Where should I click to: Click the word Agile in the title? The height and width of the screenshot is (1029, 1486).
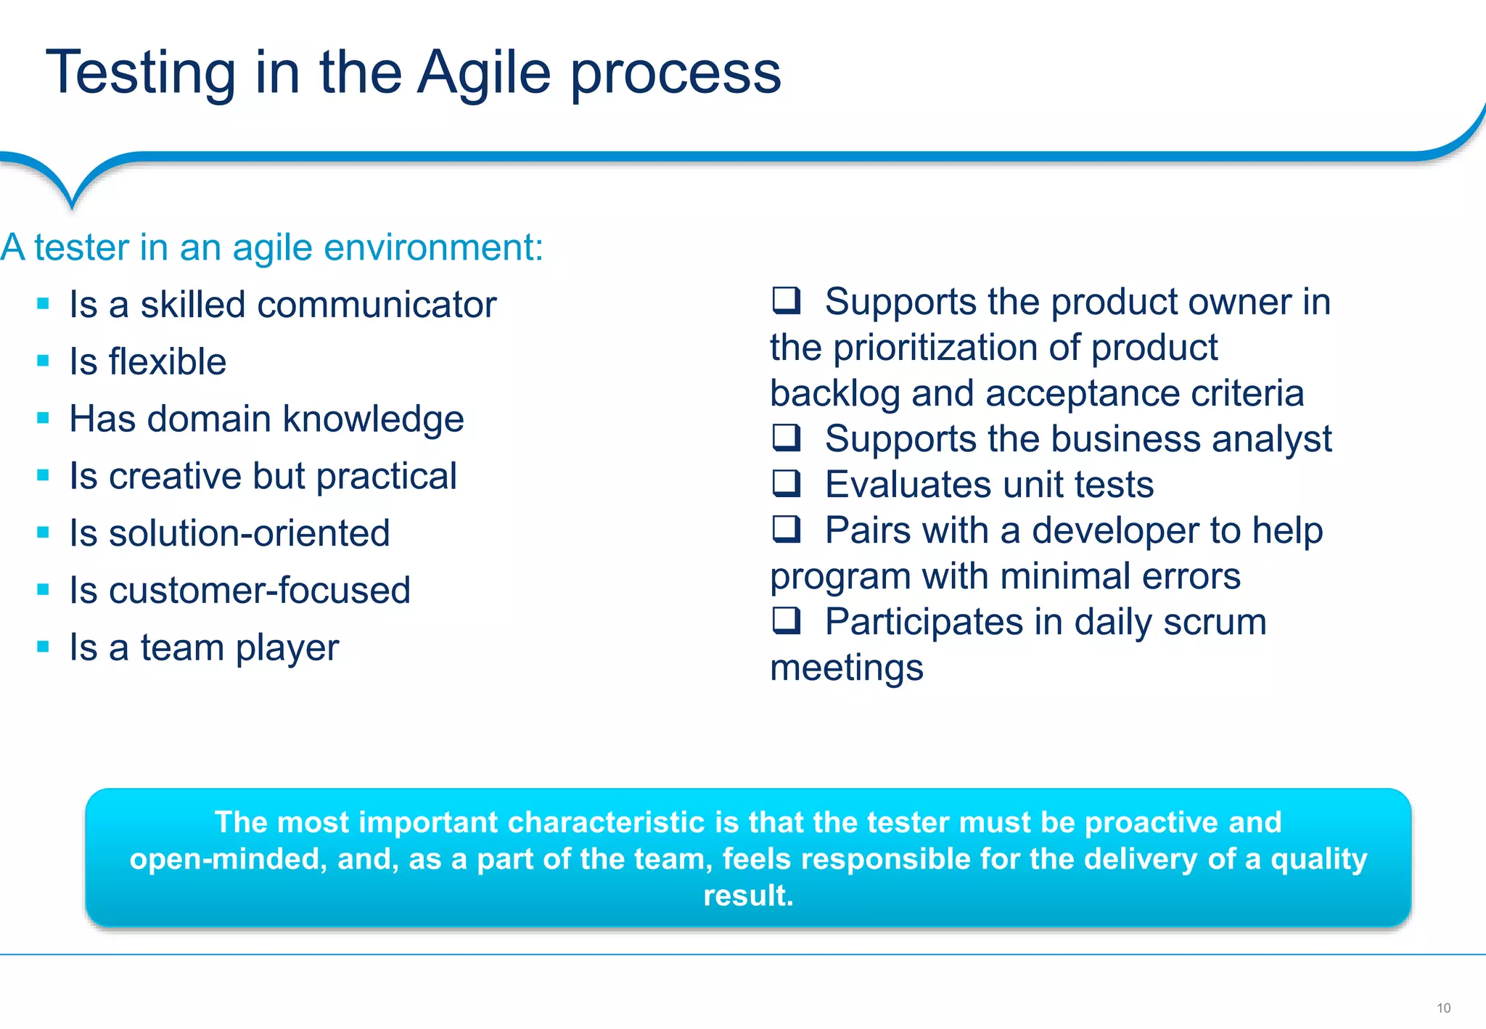coord(484,73)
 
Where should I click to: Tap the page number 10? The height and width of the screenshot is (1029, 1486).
coord(1443,1008)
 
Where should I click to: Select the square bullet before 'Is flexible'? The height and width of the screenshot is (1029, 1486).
coord(44,361)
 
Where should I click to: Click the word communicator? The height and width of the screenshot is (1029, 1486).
coord(377,304)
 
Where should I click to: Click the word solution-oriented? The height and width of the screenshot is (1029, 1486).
coord(250,533)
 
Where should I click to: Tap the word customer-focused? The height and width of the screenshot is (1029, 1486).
coord(260,590)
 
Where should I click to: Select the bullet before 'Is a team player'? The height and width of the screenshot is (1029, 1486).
coord(44,646)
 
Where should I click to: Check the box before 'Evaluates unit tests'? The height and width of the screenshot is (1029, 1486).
coord(786,483)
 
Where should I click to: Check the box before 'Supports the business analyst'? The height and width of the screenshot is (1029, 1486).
coord(786,437)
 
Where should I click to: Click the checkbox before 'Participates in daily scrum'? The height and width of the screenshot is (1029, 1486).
coord(786,620)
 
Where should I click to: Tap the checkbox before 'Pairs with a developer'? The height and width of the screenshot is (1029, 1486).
coord(786,528)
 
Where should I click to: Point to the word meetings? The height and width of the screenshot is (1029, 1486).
coord(846,668)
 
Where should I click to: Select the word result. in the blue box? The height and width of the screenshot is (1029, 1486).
coord(748,895)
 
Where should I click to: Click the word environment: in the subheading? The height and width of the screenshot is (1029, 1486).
coord(433,247)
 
